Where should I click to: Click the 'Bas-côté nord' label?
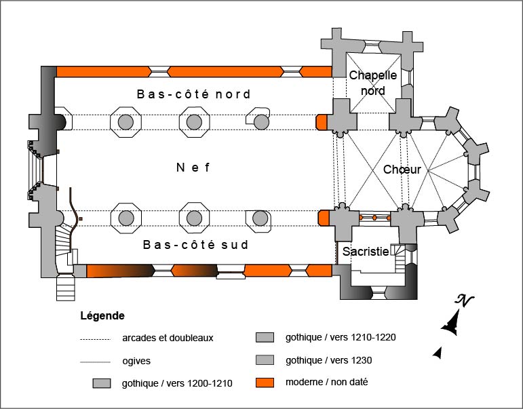(193, 94)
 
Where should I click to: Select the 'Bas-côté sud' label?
(195, 245)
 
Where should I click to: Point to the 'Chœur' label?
(402, 170)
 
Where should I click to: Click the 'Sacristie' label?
(366, 252)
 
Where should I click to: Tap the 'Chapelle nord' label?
(372, 83)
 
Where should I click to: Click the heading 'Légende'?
(102, 315)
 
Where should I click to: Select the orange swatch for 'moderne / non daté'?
(265, 382)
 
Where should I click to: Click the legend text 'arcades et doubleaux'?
(168, 337)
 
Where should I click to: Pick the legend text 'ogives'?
(136, 361)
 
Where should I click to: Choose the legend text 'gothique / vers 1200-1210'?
(177, 383)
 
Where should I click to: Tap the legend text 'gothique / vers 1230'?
(329, 359)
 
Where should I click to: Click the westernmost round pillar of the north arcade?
(125, 122)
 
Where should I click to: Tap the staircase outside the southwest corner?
(66, 287)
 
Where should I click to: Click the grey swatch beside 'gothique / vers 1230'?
(265, 359)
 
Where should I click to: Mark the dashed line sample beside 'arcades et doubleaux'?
(95, 338)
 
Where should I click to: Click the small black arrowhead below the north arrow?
(438, 352)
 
